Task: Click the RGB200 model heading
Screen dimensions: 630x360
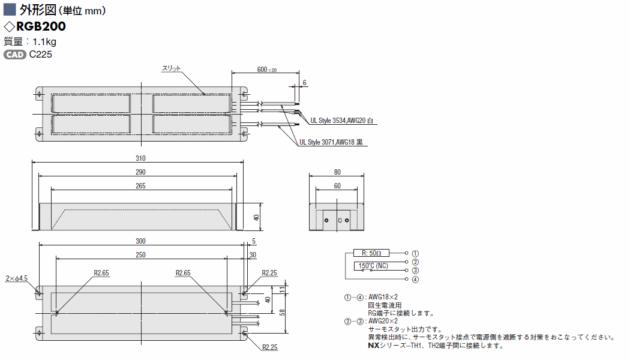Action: coord(41,26)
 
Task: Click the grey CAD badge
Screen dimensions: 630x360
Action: coord(15,55)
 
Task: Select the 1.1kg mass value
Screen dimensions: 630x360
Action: coord(44,42)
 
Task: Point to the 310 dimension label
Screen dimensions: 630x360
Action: coord(140,158)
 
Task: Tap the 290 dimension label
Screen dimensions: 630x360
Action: coord(140,172)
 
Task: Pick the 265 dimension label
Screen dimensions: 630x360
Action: coord(140,186)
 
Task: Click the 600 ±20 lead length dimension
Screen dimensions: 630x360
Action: coord(267,70)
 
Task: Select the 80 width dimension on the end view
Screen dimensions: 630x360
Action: coord(337,172)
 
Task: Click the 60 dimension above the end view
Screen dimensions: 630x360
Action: coord(337,186)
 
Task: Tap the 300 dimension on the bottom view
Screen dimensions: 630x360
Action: coord(140,241)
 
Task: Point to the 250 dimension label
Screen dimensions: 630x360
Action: coord(140,255)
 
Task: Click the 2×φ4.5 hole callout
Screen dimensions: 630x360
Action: coord(16,278)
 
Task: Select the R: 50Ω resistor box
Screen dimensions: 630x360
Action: coord(371,253)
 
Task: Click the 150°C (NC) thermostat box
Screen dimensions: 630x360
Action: coord(374,266)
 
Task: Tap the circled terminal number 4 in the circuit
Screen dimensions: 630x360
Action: coord(415,279)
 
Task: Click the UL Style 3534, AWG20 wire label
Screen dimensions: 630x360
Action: coord(342,121)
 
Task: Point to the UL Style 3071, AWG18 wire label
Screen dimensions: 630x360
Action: coord(331,142)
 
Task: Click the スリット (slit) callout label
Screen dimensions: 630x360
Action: coord(172,68)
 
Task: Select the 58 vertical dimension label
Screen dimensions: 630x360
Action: coord(283,312)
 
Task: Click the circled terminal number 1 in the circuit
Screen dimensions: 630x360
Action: coord(415,254)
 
